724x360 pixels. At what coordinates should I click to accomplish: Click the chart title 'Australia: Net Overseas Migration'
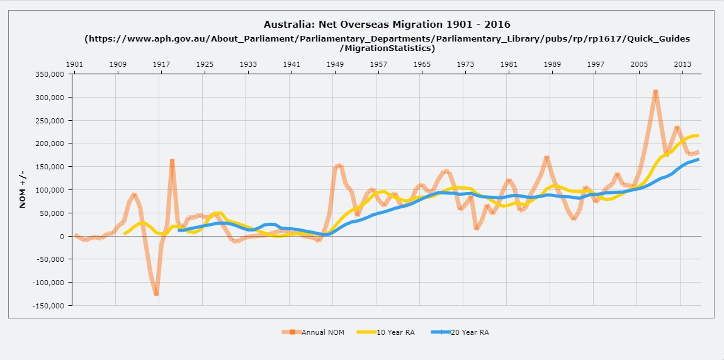[387, 25]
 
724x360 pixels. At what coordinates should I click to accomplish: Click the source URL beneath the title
[387, 43]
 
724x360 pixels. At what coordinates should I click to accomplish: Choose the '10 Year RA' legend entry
[385, 332]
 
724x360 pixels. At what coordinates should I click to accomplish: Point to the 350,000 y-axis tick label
[51, 74]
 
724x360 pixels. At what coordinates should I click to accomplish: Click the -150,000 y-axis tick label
[49, 306]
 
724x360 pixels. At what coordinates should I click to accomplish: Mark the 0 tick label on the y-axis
[62, 237]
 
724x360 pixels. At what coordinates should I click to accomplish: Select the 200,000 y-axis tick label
[51, 143]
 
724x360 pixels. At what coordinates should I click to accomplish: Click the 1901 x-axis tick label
[74, 64]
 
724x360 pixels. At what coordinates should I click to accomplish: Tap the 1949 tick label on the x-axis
[335, 64]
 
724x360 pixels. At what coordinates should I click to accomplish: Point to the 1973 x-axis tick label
[465, 64]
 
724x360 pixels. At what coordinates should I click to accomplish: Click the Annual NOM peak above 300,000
[655, 92]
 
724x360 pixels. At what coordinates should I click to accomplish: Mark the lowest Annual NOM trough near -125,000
[156, 293]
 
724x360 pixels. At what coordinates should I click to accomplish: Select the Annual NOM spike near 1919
[172, 161]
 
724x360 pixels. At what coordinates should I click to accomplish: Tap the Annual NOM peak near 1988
[546, 159]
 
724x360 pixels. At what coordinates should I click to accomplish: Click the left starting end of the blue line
[179, 230]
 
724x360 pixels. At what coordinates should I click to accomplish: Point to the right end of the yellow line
[698, 136]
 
